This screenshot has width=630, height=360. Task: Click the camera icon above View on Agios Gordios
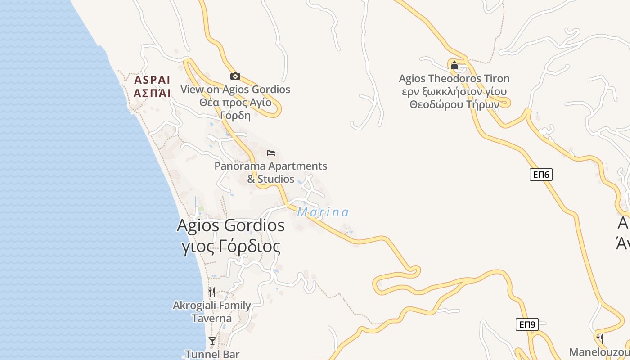(x=235, y=76)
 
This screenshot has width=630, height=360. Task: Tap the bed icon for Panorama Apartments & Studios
(x=271, y=153)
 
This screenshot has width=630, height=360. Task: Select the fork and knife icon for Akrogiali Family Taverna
(x=212, y=292)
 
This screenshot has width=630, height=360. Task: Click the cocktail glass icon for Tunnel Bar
(x=212, y=341)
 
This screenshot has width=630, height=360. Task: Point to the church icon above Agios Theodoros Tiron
(x=454, y=66)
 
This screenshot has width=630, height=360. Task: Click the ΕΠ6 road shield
(x=540, y=175)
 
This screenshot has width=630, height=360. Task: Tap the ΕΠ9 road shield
(x=527, y=324)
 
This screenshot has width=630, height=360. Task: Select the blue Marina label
(x=323, y=212)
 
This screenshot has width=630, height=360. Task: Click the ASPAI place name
(x=153, y=80)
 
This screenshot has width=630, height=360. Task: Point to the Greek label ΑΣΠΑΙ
(x=153, y=93)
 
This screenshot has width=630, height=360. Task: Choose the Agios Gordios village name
(x=231, y=225)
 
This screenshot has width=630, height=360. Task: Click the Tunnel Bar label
(x=212, y=354)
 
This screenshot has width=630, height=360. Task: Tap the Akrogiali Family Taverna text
(x=212, y=312)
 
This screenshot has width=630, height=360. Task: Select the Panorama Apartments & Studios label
(x=271, y=172)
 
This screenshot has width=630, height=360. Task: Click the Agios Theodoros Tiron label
(x=454, y=79)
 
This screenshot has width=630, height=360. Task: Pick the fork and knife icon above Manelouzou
(x=599, y=338)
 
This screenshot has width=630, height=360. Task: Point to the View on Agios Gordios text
(x=235, y=90)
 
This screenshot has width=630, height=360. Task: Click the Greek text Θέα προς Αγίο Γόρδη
(x=235, y=108)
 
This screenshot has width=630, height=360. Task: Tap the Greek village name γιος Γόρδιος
(x=231, y=247)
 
